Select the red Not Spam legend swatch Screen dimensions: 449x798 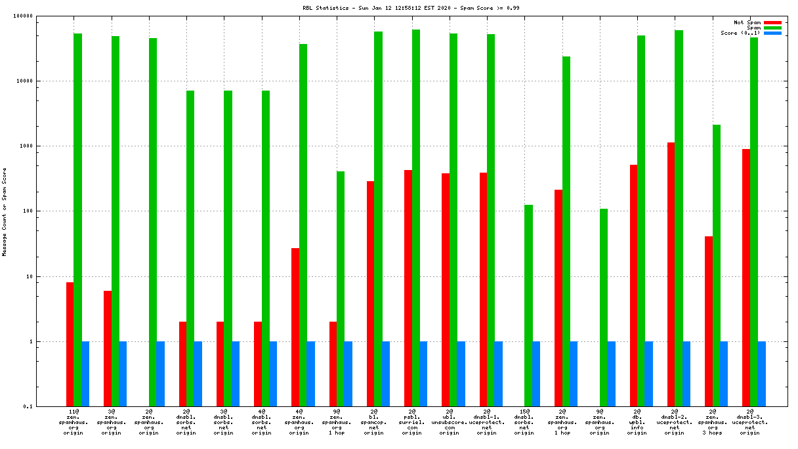coord(772,22)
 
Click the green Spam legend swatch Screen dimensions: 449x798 coord(772,28)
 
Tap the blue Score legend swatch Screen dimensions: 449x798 coord(772,33)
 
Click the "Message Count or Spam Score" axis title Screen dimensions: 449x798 coord(5,211)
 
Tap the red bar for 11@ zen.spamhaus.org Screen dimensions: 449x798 coord(70,344)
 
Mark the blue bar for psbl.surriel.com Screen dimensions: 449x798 coord(423,374)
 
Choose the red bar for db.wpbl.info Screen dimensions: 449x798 coord(633,286)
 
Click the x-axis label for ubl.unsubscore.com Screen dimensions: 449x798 coord(449,423)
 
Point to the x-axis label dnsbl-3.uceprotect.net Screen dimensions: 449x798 coord(749,423)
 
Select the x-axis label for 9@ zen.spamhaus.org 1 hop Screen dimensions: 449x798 coord(336,423)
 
